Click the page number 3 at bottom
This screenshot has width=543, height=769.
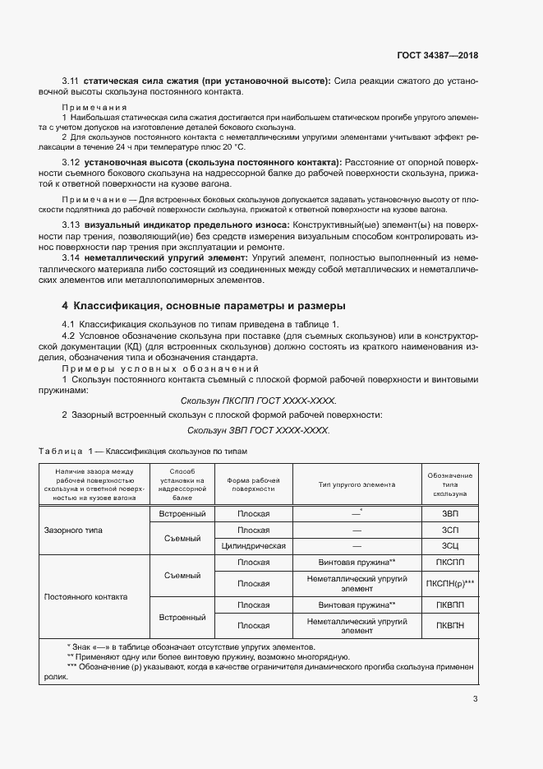tap(475, 700)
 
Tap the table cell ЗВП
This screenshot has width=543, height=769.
tap(449, 513)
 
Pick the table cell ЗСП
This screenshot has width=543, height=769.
tap(449, 530)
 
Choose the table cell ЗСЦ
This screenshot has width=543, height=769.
tap(449, 545)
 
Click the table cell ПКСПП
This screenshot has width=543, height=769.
tap(449, 562)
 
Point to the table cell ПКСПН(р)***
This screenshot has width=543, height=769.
tap(449, 583)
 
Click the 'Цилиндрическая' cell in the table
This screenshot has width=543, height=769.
tap(254, 545)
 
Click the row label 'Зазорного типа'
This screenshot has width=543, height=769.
tap(73, 530)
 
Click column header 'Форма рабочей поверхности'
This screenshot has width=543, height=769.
tap(254, 484)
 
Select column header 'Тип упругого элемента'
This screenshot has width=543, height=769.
tap(357, 484)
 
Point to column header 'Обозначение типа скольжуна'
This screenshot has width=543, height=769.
tap(449, 484)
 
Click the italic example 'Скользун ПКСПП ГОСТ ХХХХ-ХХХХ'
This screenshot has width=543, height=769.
tap(258, 400)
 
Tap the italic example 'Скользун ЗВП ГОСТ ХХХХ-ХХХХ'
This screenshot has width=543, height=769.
tap(258, 430)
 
